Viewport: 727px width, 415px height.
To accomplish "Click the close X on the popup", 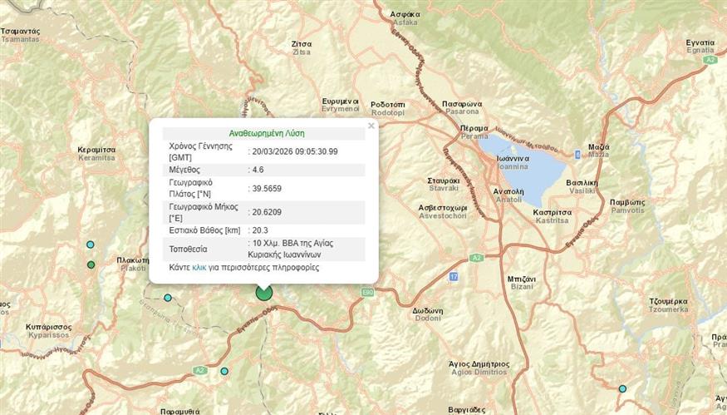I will pos(371,126).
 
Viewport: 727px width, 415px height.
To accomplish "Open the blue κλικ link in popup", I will pos(199,268).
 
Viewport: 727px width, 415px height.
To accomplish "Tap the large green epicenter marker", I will pos(264,292).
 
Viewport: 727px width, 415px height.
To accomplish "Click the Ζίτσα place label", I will pos(302,43).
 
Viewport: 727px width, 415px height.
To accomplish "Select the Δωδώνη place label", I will pos(427,312).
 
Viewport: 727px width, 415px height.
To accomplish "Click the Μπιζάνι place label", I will pos(521,279).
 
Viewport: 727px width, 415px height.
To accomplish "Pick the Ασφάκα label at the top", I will pos(406,15).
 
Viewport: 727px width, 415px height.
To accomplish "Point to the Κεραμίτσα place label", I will pos(96,150).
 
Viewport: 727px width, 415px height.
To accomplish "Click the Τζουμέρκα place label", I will pos(668,300).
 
